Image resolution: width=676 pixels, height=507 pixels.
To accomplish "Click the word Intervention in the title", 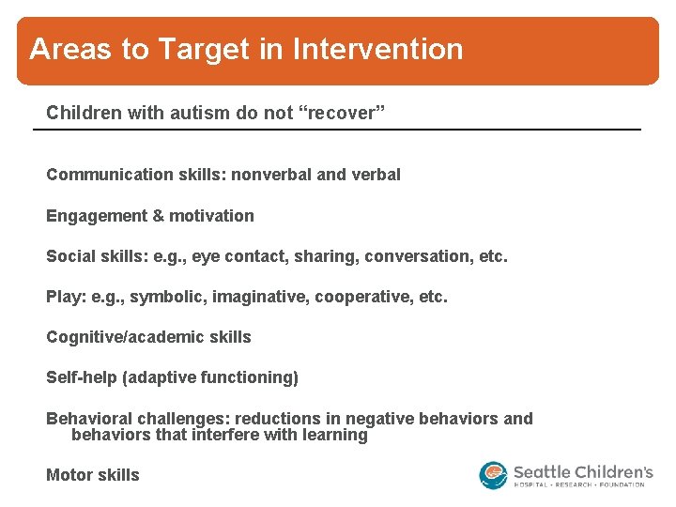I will click(378, 49).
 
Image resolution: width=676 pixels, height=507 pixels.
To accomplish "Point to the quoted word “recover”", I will click(343, 113).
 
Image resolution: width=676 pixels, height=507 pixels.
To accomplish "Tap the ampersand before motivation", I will click(158, 216).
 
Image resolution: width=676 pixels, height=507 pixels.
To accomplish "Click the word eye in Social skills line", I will click(206, 256).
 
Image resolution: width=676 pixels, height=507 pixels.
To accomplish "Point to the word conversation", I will click(418, 256).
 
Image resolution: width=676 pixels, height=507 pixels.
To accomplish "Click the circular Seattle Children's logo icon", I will click(493, 474).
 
